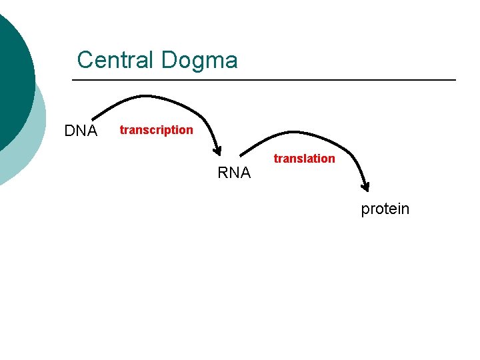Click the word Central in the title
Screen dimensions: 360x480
[115, 60]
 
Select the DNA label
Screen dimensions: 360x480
[81, 131]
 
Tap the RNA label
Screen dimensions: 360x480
[234, 173]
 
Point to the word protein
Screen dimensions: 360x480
[385, 209]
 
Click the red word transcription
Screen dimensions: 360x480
[156, 130]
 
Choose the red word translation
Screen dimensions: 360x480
[305, 159]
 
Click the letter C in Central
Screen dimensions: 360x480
[84, 60]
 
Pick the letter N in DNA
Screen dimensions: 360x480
[81, 131]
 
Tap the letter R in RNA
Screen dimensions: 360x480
[223, 173]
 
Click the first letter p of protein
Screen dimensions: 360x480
[365, 211]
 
